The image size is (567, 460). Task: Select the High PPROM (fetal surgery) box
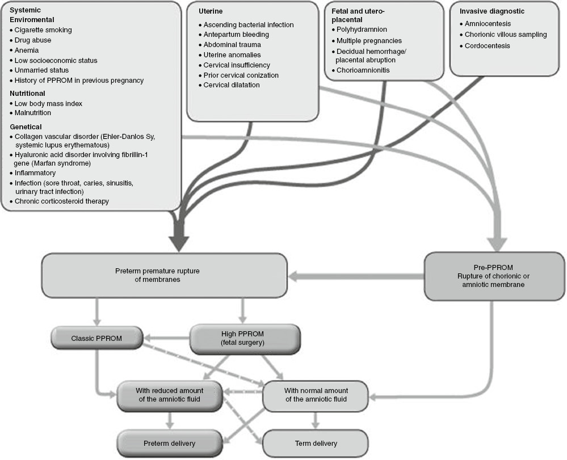(243, 338)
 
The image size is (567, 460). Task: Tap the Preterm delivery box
(169, 443)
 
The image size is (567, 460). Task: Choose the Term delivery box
(315, 443)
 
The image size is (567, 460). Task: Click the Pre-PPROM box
(494, 276)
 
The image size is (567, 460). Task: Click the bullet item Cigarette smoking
(43, 30)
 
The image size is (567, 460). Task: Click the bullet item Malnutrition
(35, 113)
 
